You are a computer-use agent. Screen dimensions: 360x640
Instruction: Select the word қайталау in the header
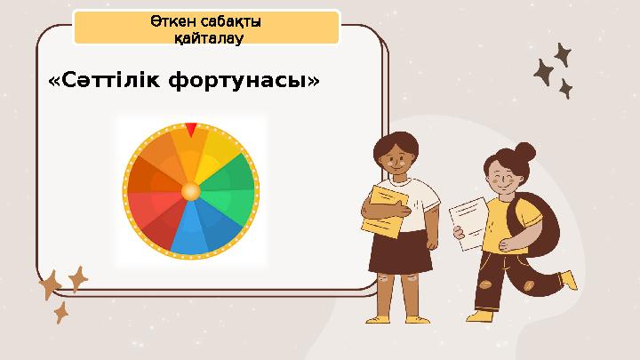coord(207,38)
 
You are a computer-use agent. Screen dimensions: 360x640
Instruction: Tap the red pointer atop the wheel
coord(191,130)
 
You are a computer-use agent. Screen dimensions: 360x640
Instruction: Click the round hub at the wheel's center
coord(190,190)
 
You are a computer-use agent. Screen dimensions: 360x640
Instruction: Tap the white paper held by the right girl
coord(468,222)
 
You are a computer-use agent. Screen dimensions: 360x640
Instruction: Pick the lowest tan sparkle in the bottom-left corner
coord(61,312)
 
